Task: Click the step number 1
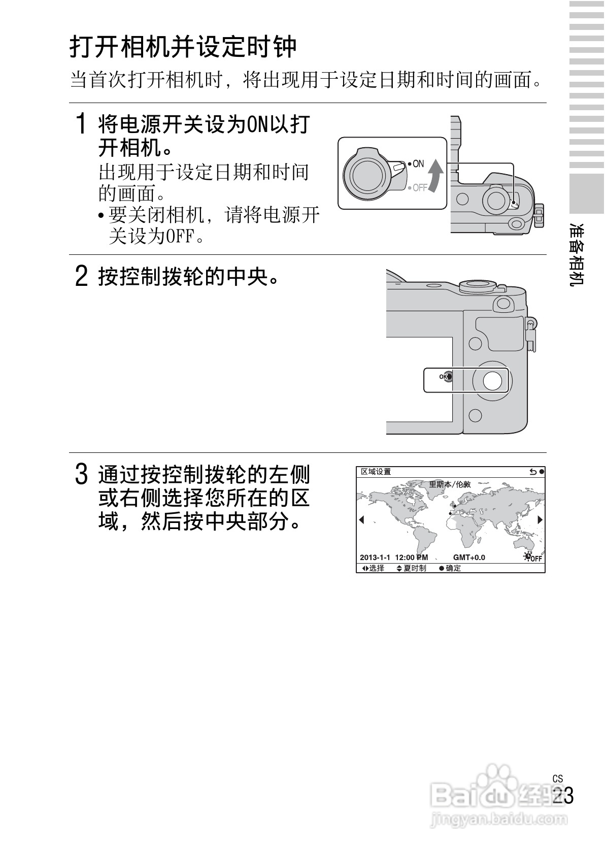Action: pyautogui.click(x=80, y=124)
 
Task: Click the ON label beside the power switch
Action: pyautogui.click(x=417, y=164)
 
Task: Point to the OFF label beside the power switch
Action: pyautogui.click(x=419, y=188)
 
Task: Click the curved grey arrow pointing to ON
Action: pyautogui.click(x=435, y=176)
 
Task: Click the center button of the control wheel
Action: pyautogui.click(x=492, y=380)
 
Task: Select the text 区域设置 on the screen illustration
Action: pyautogui.click(x=376, y=472)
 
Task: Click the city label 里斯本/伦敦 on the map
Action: pyautogui.click(x=450, y=484)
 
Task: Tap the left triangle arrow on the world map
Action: pyautogui.click(x=362, y=519)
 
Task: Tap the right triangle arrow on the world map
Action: pyautogui.click(x=540, y=519)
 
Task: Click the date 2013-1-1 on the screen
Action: pyautogui.click(x=375, y=557)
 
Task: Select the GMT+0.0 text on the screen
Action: pyautogui.click(x=469, y=557)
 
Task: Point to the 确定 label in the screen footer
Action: pyautogui.click(x=453, y=568)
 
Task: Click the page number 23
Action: pyautogui.click(x=563, y=796)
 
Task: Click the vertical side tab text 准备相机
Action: pyautogui.click(x=578, y=254)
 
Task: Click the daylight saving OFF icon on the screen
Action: pyautogui.click(x=533, y=557)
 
